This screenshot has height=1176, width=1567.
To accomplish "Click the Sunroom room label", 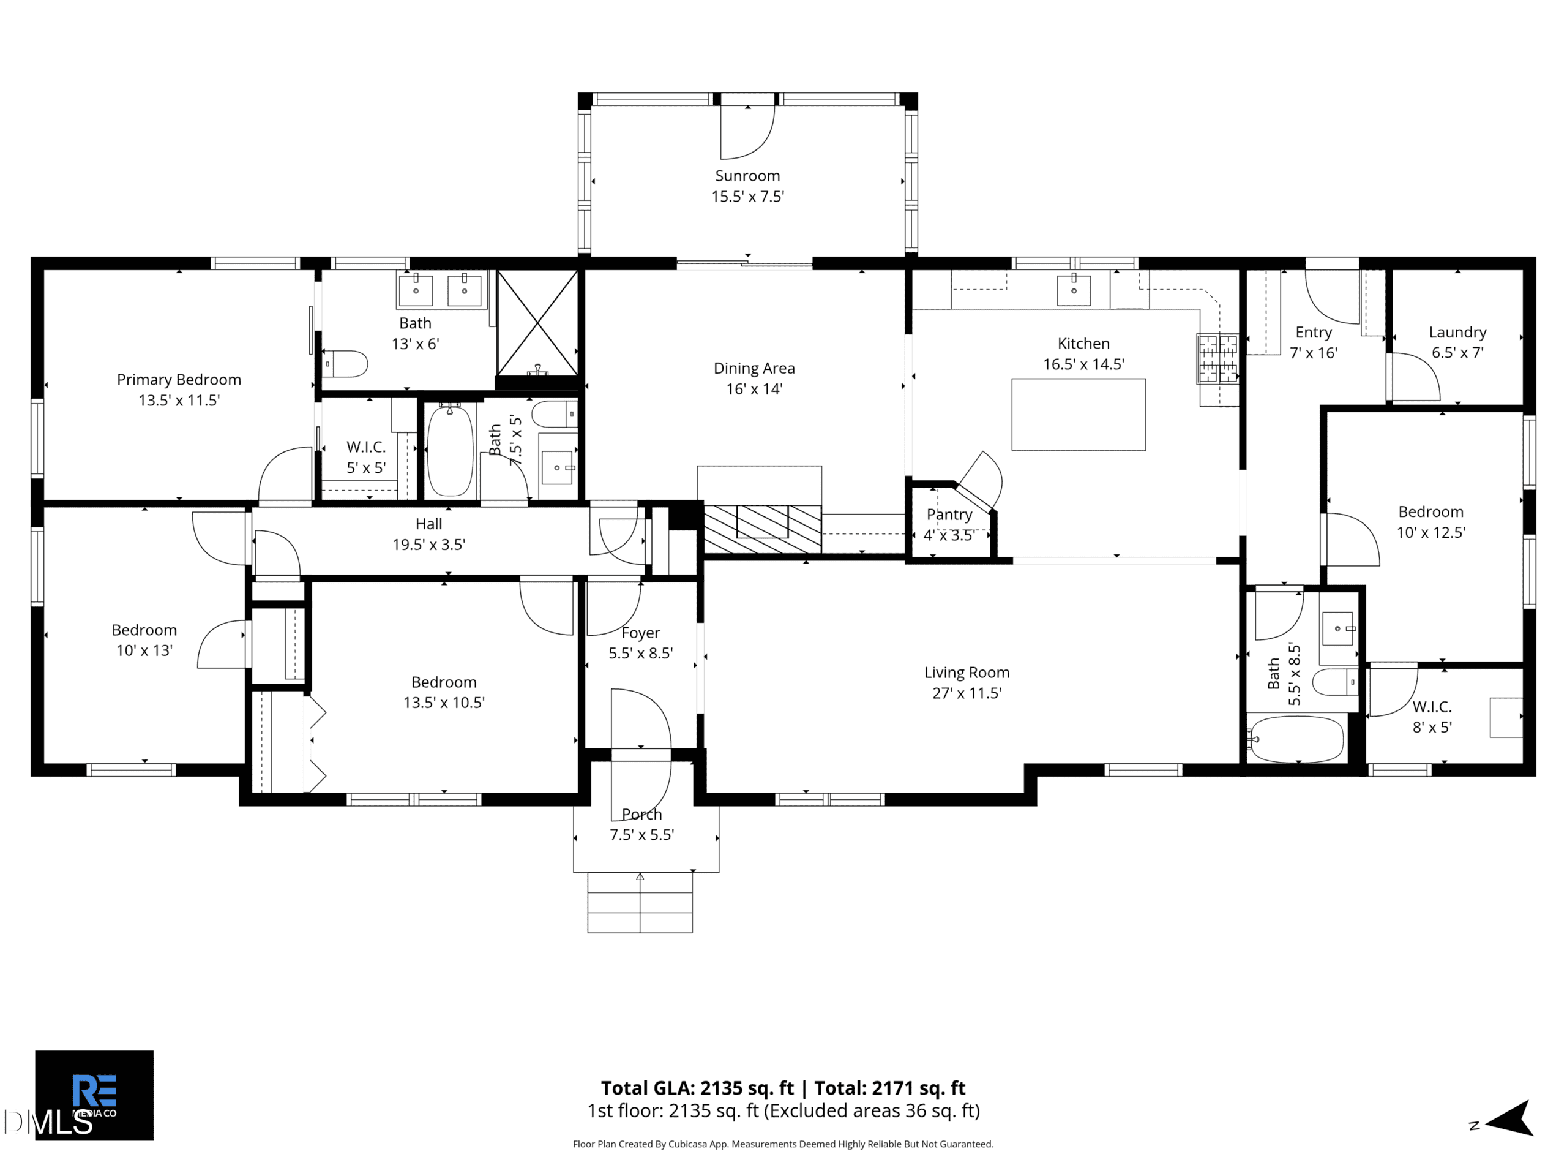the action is tap(747, 176).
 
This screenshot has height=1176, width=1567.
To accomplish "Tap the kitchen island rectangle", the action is tap(1078, 415).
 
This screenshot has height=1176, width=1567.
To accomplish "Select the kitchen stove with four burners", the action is tap(1217, 359).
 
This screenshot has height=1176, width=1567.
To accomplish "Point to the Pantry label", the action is tap(949, 514).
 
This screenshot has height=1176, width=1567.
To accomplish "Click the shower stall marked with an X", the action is tap(537, 323).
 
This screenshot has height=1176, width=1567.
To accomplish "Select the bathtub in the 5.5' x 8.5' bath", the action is tap(1296, 739).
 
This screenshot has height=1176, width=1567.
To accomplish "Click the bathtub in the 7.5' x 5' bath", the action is tap(451, 450).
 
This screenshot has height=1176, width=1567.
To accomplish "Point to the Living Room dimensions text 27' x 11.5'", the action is tap(967, 693).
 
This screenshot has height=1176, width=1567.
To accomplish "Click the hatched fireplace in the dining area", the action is tap(762, 529).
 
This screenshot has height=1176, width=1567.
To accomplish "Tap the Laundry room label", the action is tap(1457, 333).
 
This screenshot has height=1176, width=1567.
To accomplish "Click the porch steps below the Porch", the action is tap(640, 902).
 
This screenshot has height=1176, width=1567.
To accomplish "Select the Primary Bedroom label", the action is tap(179, 380).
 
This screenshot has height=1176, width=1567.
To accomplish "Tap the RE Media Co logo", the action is tap(94, 1095).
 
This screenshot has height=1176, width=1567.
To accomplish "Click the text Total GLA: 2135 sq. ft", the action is tap(697, 1088).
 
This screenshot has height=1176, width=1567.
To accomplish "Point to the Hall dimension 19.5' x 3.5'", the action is tap(428, 545).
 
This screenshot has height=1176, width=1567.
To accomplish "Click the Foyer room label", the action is tap(640, 633).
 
